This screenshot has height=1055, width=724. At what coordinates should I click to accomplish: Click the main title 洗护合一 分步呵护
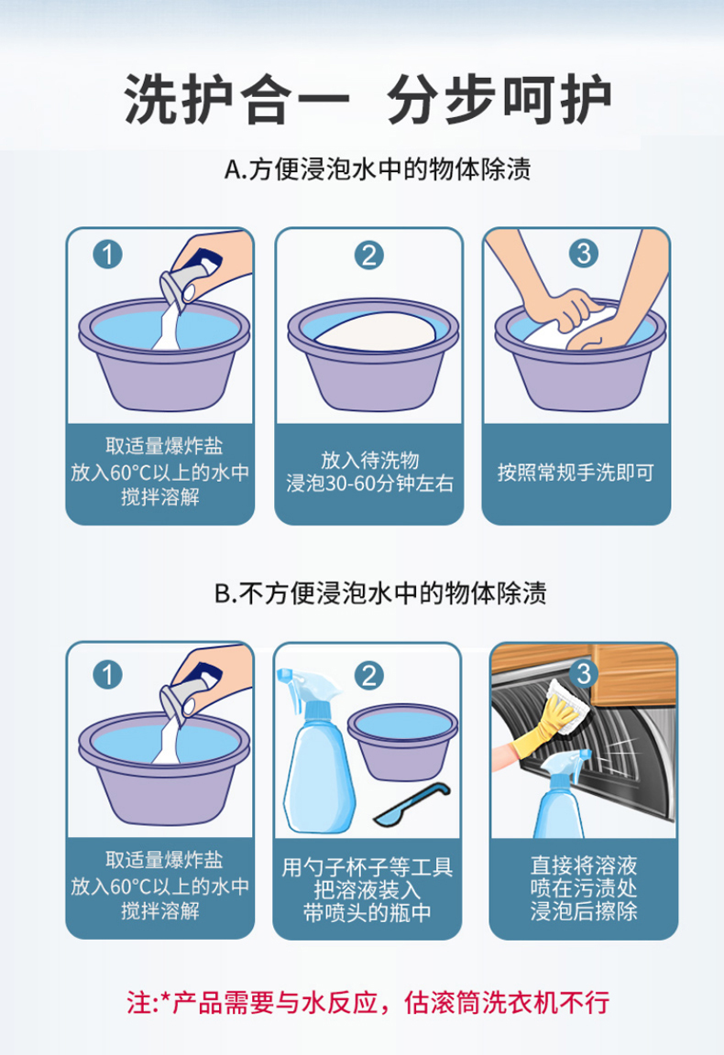(x=367, y=100)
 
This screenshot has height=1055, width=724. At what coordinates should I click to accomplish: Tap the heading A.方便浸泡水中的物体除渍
(x=378, y=169)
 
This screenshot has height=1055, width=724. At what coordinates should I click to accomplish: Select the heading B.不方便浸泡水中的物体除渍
(x=380, y=593)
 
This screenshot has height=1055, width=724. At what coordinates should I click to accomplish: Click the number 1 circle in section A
(x=108, y=255)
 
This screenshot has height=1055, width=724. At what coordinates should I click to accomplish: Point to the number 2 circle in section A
(x=369, y=255)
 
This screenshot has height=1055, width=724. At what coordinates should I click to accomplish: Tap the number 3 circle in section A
(x=583, y=253)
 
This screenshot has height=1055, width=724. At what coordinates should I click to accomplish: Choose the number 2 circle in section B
(x=369, y=675)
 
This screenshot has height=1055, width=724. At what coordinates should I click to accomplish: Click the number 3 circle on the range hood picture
(x=583, y=673)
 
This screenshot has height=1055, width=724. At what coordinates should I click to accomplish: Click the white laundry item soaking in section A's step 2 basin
(x=375, y=332)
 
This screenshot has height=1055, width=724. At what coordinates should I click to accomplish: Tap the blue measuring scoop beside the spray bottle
(x=411, y=804)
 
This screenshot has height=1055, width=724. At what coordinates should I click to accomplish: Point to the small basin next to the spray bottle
(x=402, y=742)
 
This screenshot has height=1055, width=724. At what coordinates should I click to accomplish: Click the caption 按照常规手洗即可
(x=576, y=473)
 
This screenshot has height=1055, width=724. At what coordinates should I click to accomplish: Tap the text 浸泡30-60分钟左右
(x=369, y=484)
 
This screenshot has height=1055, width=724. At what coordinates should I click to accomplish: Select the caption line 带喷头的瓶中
(x=367, y=913)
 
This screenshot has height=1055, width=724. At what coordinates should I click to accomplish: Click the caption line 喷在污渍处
(x=583, y=888)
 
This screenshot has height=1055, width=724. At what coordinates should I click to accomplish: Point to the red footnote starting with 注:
(x=367, y=1003)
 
